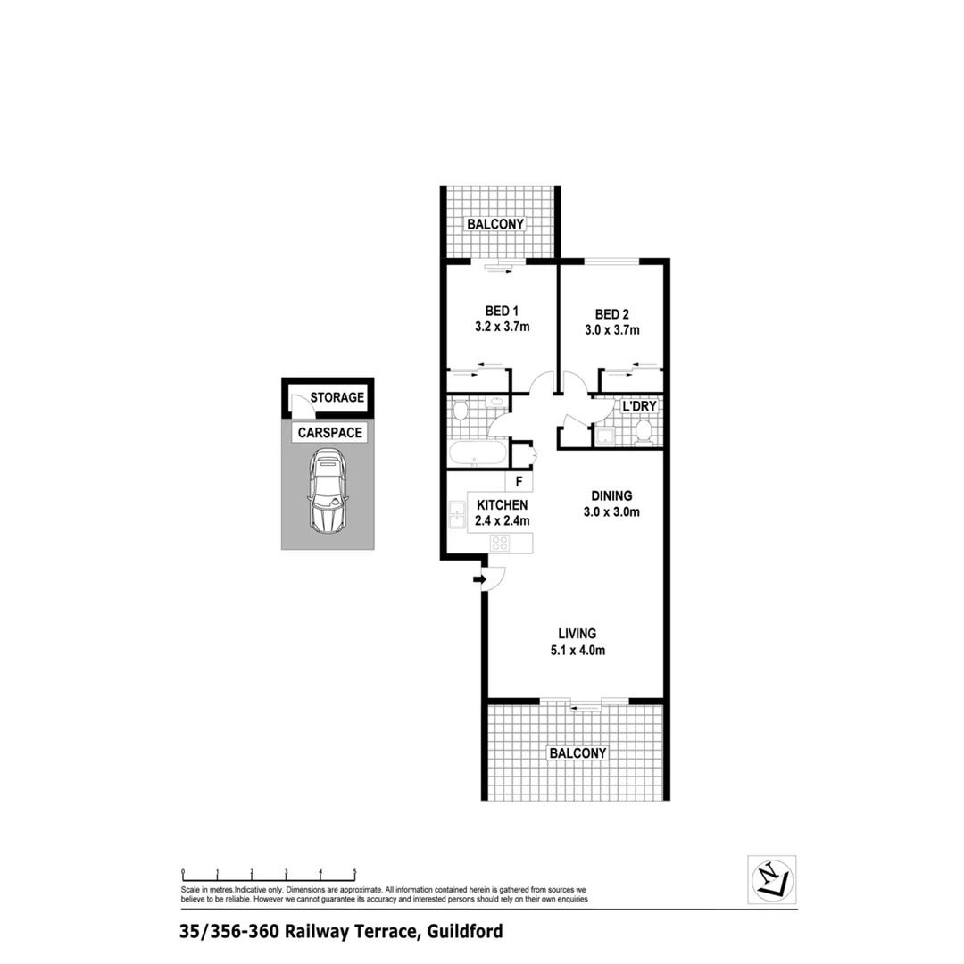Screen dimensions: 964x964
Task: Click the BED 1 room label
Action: (x=502, y=311)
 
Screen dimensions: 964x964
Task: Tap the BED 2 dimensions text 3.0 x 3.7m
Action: (x=611, y=329)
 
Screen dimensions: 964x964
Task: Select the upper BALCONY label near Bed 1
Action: (x=495, y=223)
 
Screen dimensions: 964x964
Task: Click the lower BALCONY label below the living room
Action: (x=578, y=753)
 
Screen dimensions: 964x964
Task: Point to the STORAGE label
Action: (x=337, y=397)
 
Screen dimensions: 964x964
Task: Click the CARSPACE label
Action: (x=329, y=433)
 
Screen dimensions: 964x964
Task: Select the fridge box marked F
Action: (x=519, y=481)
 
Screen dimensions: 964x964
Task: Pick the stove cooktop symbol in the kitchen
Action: (x=499, y=542)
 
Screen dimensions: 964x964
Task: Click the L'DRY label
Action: (x=639, y=406)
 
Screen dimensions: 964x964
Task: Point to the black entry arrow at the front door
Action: (x=478, y=580)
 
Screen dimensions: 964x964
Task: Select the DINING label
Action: (x=611, y=496)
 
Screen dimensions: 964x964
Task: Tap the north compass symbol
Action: (x=771, y=879)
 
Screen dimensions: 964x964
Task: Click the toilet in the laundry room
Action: (x=644, y=432)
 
